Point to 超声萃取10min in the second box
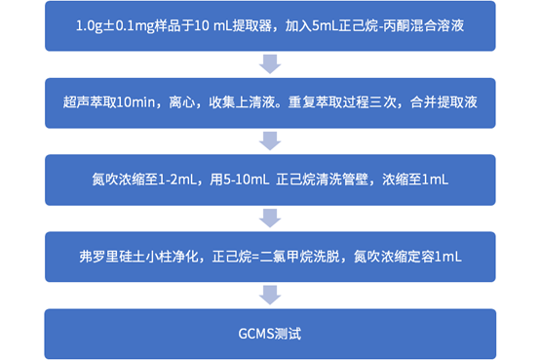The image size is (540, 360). [108, 102]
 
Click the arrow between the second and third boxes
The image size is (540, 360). [270, 140]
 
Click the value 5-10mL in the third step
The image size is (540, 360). [241, 179]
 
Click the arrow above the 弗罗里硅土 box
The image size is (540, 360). [270, 217]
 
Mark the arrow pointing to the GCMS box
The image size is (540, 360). [270, 295]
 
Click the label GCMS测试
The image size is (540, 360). [270, 333]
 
